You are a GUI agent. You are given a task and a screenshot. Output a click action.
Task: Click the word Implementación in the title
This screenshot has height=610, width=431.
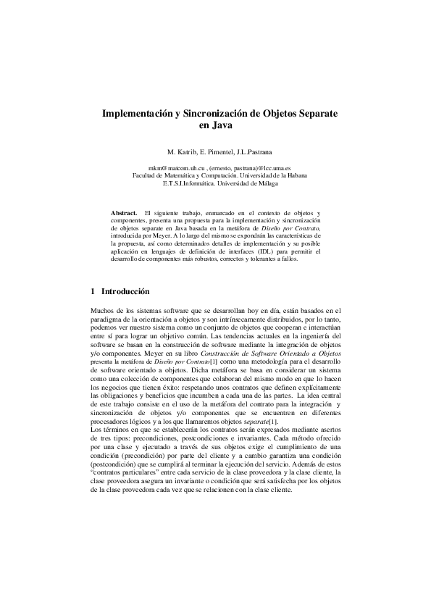(137, 114)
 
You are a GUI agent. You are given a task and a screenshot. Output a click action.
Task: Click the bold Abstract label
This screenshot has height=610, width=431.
(124, 212)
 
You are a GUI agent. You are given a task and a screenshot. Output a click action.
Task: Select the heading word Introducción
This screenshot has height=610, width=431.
(125, 291)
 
